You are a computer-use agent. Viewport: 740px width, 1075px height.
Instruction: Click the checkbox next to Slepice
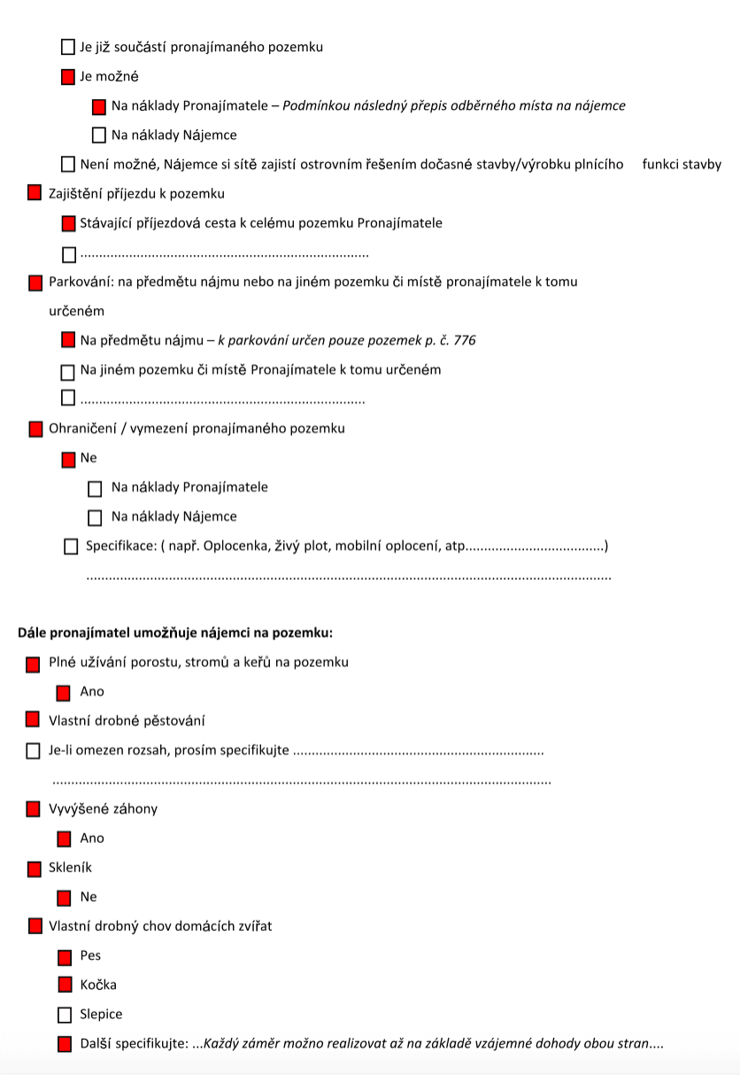[65, 1015]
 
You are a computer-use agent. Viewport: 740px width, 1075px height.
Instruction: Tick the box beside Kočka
[65, 985]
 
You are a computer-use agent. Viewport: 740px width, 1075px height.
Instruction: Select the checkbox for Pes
[65, 956]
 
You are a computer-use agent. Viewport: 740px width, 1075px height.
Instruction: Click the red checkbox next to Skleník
[35, 869]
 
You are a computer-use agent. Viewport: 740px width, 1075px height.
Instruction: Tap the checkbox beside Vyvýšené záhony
[34, 809]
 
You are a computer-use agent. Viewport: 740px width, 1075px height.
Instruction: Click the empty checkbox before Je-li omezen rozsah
[34, 751]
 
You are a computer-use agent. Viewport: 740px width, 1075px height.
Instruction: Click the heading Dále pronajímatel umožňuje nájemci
[175, 633]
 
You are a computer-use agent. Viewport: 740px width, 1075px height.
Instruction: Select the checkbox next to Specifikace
[71, 547]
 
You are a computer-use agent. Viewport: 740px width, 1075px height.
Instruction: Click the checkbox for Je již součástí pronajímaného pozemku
[68, 47]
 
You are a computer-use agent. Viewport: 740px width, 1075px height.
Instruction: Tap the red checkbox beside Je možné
[68, 77]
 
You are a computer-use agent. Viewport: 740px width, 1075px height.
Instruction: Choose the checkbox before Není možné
[68, 164]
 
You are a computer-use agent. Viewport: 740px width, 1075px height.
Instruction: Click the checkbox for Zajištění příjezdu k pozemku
[35, 193]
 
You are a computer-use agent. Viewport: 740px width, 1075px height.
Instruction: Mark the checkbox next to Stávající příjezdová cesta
[68, 224]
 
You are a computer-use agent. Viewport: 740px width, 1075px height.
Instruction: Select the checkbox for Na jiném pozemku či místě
[68, 372]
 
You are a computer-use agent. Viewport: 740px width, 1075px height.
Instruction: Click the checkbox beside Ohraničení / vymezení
[35, 429]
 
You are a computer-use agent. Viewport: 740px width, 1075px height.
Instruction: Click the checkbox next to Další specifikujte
[65, 1044]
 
